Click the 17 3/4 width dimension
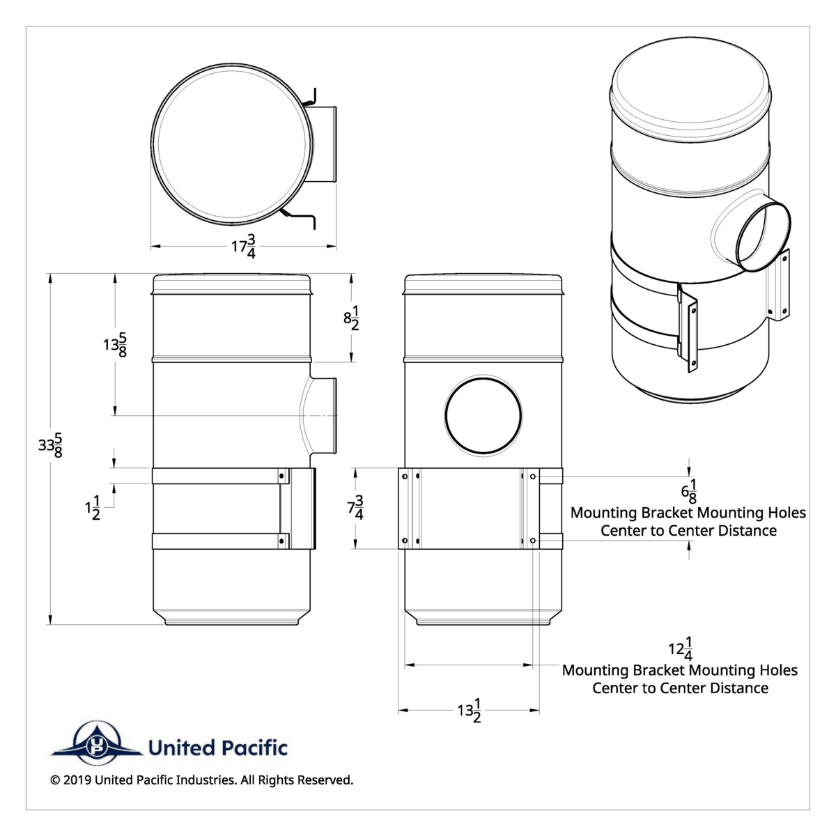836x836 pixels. [243, 247]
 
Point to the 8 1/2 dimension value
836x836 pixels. [352, 318]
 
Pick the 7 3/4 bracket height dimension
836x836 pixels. [356, 507]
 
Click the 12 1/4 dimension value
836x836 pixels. [680, 649]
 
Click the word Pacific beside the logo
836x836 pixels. [253, 749]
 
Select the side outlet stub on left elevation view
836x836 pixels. [325, 416]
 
